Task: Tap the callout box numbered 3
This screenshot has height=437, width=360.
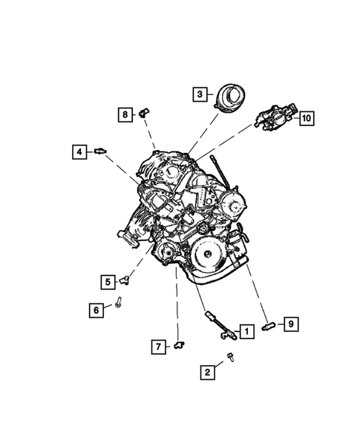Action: tap(198, 94)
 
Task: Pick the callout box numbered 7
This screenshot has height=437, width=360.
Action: tap(157, 346)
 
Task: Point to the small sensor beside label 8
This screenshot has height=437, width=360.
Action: tap(145, 115)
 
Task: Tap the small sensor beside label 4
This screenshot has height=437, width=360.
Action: tap(99, 152)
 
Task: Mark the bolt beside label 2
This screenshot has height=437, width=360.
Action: tap(231, 359)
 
